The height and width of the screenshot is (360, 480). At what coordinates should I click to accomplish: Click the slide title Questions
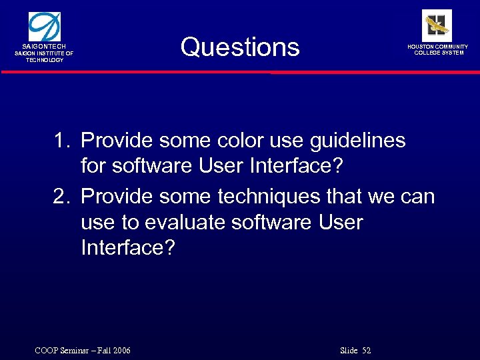240,47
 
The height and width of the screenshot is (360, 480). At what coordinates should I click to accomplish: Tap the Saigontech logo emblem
45,27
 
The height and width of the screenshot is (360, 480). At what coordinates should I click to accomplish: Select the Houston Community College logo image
437,25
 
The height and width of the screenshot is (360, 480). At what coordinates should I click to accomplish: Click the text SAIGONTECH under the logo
45,47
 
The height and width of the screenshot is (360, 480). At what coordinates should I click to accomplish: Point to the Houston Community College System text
438,50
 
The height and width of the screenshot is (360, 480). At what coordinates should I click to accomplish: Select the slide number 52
366,351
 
